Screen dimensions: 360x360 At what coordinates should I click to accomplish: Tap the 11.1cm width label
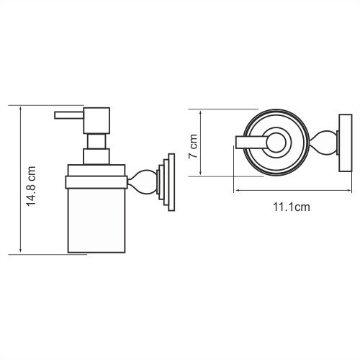[291, 207]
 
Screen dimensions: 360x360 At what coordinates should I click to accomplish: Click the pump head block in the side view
[96, 120]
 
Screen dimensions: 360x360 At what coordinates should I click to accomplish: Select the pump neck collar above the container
[96, 158]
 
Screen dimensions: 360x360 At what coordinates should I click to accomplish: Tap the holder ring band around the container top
[96, 175]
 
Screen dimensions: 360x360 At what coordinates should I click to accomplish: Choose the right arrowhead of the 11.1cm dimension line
[342, 191]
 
